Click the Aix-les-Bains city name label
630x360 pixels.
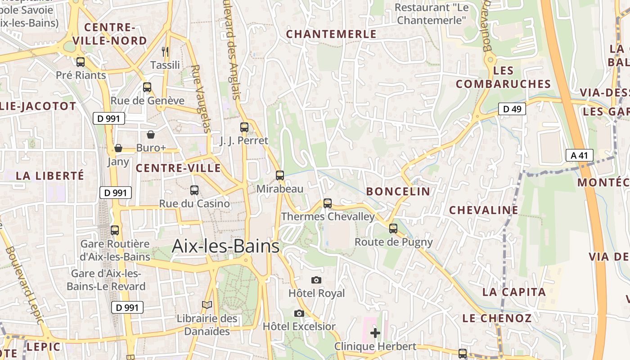pyautogui.click(x=225, y=247)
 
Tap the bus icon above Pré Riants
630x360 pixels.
pyautogui.click(x=81, y=62)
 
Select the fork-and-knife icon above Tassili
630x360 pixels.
pyautogui.click(x=165, y=52)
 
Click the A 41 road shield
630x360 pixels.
pyautogui.click(x=579, y=156)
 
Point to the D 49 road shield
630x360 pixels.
pyautogui.click(x=512, y=108)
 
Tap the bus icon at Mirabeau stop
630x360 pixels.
pyautogui.click(x=280, y=175)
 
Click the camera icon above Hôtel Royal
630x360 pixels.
pyautogui.click(x=316, y=280)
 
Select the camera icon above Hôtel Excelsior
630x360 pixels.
pyautogui.click(x=299, y=313)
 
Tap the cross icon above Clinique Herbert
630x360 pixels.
pyautogui.click(x=375, y=333)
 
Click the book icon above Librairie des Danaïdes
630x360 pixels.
pyautogui.click(x=207, y=305)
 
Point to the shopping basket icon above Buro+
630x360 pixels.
pyautogui.click(x=151, y=135)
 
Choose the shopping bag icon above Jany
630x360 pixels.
pyautogui.click(x=118, y=148)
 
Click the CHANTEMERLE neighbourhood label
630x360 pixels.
pyautogui.click(x=331, y=34)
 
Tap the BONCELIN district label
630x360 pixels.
pyautogui.click(x=398, y=191)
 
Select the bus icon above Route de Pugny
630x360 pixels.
pyautogui.click(x=393, y=229)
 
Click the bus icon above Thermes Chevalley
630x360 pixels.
pyautogui.click(x=328, y=203)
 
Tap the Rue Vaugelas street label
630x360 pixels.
pyautogui.click(x=201, y=99)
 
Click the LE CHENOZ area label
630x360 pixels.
pyautogui.click(x=497, y=318)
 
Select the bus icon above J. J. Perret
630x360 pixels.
pyautogui.click(x=244, y=127)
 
